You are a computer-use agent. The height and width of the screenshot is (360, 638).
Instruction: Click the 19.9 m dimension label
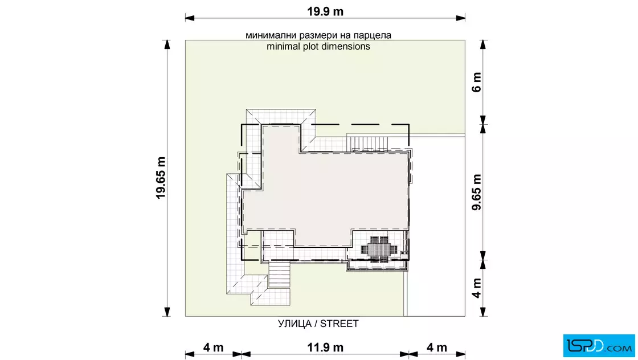pyautogui.click(x=325, y=11)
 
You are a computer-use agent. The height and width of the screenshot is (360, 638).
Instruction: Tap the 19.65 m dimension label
pyautogui.click(x=161, y=178)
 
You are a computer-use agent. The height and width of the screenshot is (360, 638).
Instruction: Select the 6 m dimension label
pyautogui.click(x=476, y=82)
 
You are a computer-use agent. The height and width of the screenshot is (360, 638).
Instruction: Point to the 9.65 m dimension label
pyautogui.click(x=476, y=192)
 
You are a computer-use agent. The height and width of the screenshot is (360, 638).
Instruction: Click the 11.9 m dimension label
pyautogui.click(x=325, y=347)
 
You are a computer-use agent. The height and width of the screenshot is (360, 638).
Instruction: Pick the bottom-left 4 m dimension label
pyautogui.click(x=213, y=347)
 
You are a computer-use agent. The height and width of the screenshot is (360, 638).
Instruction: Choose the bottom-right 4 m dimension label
pyautogui.click(x=436, y=347)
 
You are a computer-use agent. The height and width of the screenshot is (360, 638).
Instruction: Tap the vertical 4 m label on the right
pyautogui.click(x=476, y=288)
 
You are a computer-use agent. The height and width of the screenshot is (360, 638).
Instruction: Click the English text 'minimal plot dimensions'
pyautogui.click(x=318, y=46)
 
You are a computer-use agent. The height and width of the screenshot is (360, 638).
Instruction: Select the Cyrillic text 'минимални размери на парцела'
pyautogui.click(x=318, y=35)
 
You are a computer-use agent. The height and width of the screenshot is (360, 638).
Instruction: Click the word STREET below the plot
pyautogui.click(x=340, y=324)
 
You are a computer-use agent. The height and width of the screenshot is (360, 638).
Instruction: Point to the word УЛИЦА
pyautogui.click(x=295, y=324)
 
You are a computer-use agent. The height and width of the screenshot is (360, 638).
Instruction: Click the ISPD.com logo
pyautogui.click(x=599, y=346)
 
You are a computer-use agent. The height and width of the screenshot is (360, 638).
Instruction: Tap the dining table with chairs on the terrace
pyautogui.click(x=379, y=249)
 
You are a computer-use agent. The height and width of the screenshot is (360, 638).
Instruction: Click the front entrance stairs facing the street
pyautogui.click(x=279, y=275)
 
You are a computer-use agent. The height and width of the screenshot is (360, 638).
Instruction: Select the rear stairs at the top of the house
pyautogui.click(x=367, y=144)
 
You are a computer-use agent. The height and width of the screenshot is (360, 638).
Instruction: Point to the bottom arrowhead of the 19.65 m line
pyautogui.click(x=167, y=312)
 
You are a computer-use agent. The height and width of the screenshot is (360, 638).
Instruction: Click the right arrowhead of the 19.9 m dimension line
pyautogui.click(x=461, y=18)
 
